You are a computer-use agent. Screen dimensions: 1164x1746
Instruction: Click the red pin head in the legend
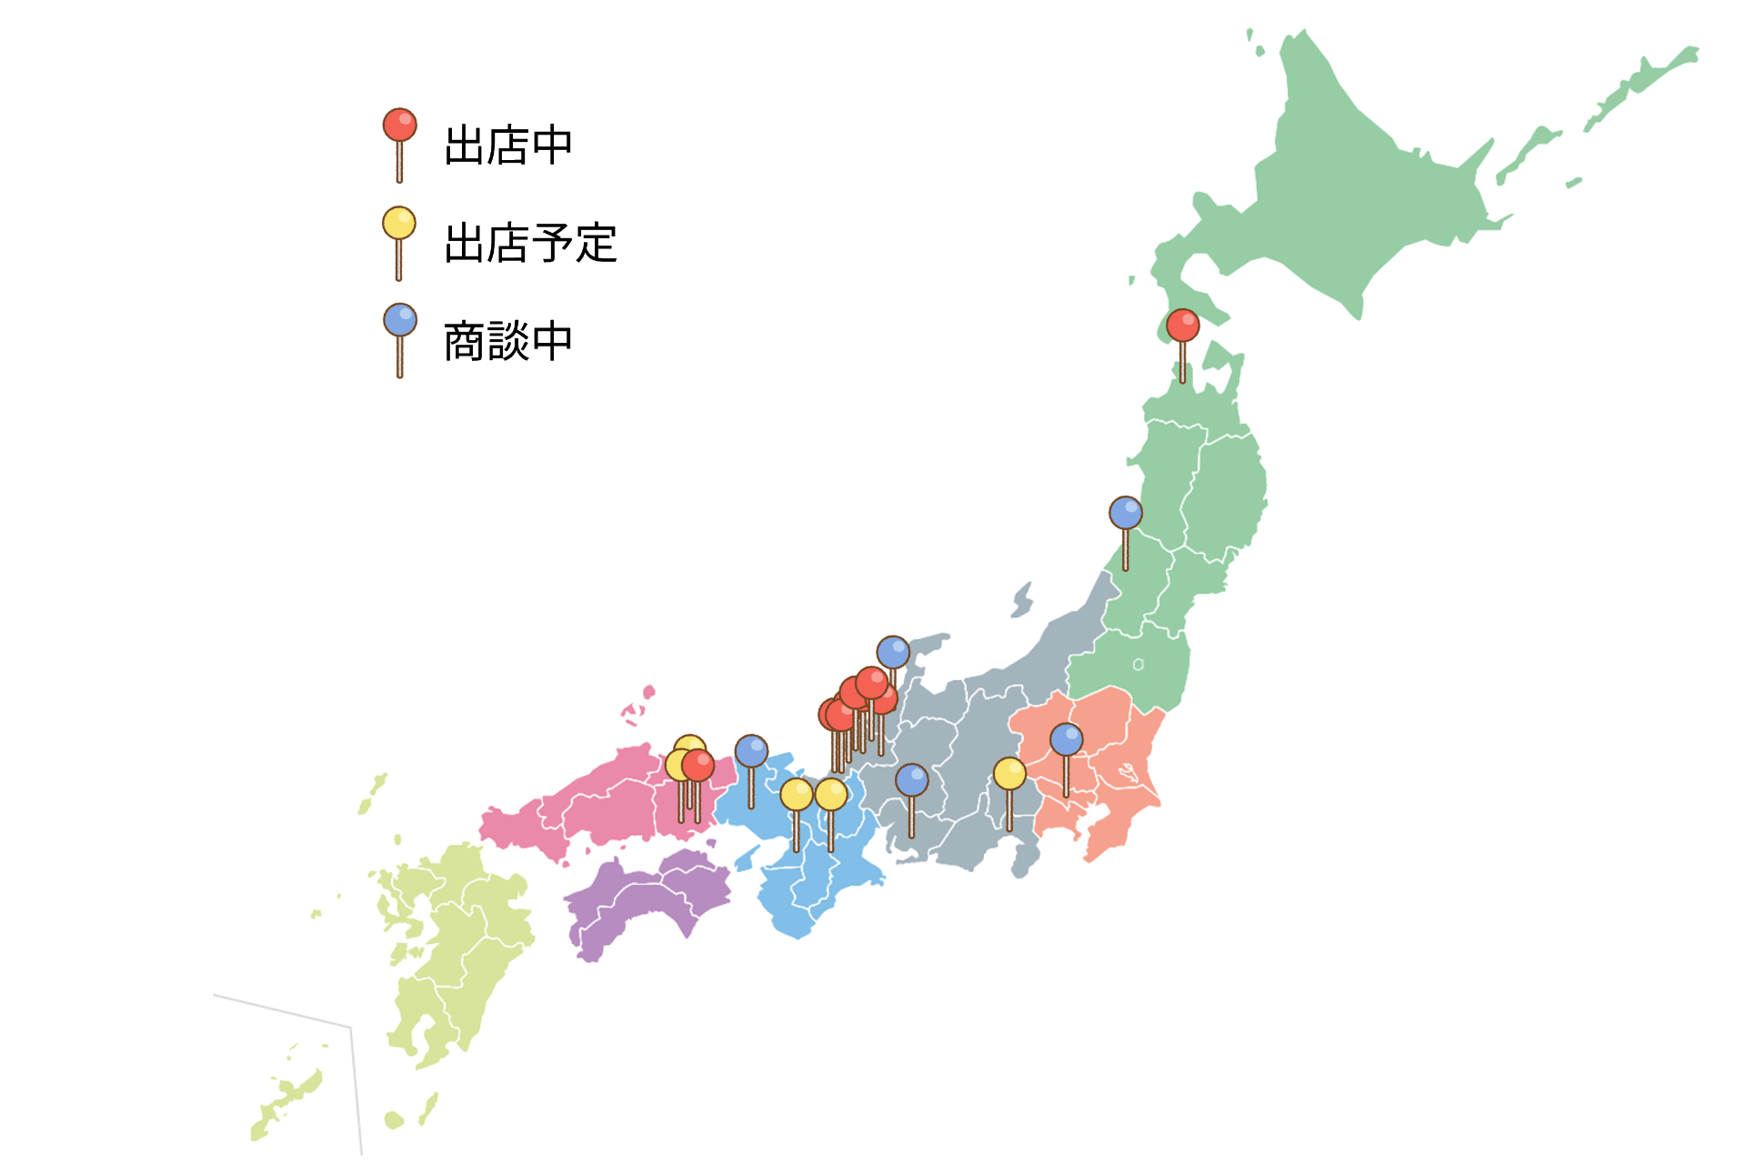click(x=399, y=125)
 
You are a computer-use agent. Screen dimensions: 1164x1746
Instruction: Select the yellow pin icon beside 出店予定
click(x=398, y=224)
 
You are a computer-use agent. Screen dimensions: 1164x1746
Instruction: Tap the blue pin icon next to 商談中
click(x=399, y=320)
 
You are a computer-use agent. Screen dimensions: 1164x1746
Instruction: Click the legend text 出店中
click(x=507, y=145)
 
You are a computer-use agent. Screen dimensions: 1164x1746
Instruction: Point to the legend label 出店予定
click(x=530, y=244)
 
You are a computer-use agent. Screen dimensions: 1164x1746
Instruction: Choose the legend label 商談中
click(x=507, y=342)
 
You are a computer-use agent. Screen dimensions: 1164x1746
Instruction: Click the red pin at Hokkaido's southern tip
click(x=1182, y=326)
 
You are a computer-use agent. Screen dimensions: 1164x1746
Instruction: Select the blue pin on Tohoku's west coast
click(x=1125, y=514)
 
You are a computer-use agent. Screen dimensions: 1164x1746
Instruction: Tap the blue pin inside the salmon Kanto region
click(x=1066, y=740)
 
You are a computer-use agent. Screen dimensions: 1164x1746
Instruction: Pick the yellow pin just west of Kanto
click(x=1009, y=775)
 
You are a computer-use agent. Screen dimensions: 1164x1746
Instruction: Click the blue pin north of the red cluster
click(x=893, y=652)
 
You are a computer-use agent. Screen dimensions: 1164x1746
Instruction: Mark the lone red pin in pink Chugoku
click(x=697, y=766)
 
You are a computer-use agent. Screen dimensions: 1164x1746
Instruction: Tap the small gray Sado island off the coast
click(x=1023, y=600)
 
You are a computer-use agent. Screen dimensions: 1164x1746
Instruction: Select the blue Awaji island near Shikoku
click(x=747, y=858)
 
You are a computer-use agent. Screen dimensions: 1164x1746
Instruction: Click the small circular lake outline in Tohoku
click(x=1138, y=665)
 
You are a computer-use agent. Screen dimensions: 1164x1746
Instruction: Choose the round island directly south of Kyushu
click(x=394, y=1119)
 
